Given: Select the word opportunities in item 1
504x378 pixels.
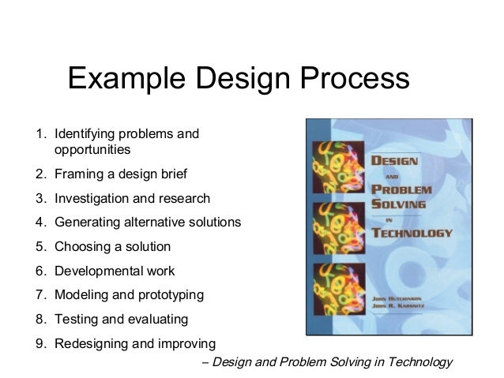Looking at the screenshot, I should coord(92,148).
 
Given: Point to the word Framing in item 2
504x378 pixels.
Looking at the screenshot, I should coord(77,174).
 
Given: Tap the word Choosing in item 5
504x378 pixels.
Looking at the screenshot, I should coord(81,247).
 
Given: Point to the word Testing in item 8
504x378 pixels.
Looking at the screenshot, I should coord(75,320).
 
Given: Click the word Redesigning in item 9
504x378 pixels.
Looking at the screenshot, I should coord(90,344).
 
